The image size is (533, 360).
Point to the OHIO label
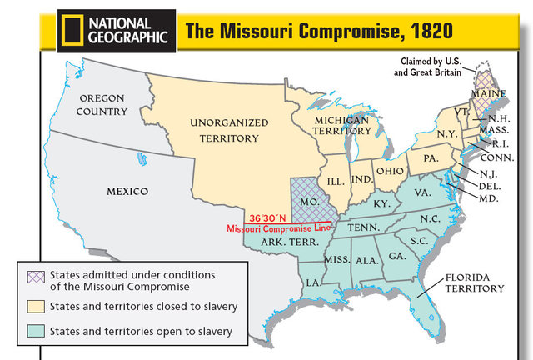pos(389,170)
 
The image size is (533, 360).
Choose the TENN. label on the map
pos(363,227)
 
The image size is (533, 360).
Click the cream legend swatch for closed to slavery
pos(34,307)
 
